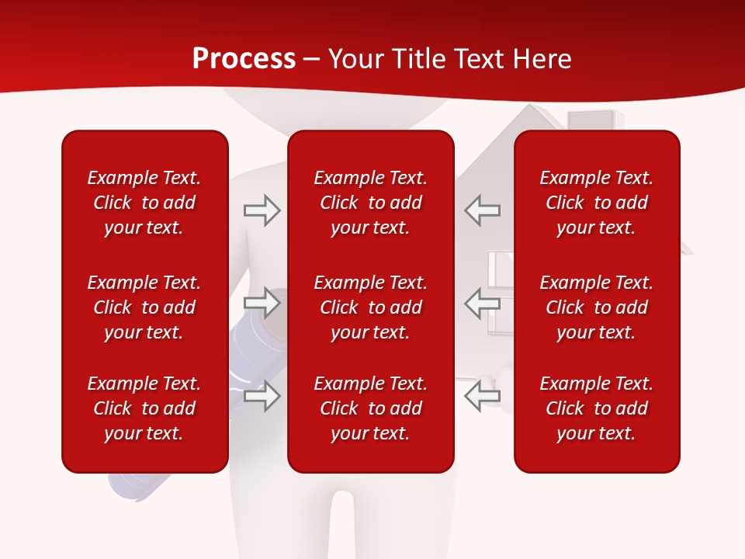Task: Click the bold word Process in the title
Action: (x=244, y=59)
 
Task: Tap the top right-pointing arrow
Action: (x=262, y=210)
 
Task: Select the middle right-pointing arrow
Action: (x=262, y=303)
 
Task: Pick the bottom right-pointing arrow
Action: (x=262, y=396)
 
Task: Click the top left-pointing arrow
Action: (x=482, y=210)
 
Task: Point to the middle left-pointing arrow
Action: (x=482, y=303)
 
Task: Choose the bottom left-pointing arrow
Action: (x=482, y=396)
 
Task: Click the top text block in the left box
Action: (x=144, y=203)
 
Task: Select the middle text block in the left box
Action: (x=144, y=307)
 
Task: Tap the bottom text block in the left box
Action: (x=144, y=408)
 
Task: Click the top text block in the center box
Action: (x=370, y=203)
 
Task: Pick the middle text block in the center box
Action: (x=370, y=307)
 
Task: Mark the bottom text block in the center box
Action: (x=370, y=408)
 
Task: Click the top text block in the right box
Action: (x=596, y=203)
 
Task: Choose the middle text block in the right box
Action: (x=596, y=307)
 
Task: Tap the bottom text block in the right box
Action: (x=596, y=408)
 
